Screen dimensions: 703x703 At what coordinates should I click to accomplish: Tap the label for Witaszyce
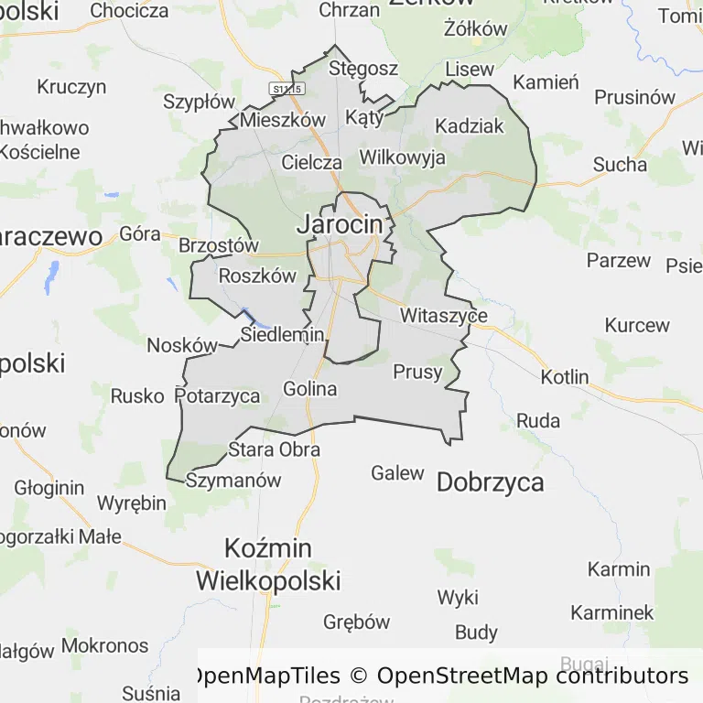(444, 316)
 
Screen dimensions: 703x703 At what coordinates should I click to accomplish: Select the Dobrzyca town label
(490, 482)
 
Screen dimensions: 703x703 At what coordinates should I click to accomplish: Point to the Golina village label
(309, 389)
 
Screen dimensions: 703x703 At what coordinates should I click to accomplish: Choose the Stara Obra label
(274, 449)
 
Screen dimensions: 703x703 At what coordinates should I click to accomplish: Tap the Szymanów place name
(233, 480)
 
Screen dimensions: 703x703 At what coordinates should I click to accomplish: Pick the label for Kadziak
(469, 126)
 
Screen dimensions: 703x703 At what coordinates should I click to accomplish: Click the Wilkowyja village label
(403, 157)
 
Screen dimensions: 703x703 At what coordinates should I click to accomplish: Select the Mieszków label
(283, 120)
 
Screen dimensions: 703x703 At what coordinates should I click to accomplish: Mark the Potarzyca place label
(217, 396)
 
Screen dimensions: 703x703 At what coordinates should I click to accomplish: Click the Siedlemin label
(282, 335)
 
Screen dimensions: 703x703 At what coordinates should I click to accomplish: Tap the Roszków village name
(258, 276)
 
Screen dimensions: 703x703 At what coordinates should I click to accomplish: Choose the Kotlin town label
(565, 377)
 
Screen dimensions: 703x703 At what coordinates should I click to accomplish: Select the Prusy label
(416, 373)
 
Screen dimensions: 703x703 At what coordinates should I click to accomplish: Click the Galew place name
(397, 473)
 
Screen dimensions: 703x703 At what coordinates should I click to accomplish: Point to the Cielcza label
(312, 163)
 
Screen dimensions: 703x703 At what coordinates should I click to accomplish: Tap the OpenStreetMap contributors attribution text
(533, 676)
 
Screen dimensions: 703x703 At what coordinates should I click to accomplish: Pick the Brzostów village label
(219, 246)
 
